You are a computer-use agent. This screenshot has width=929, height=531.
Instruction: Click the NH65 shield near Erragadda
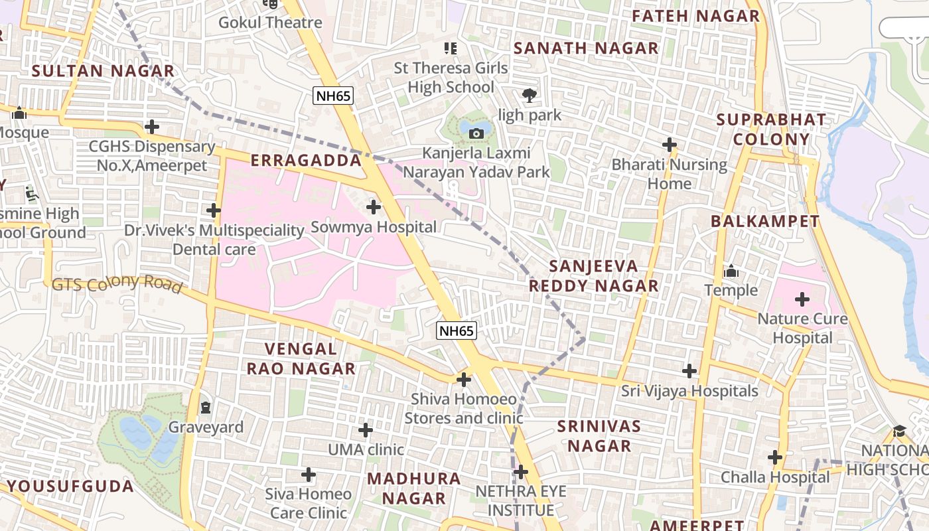[x=332, y=96]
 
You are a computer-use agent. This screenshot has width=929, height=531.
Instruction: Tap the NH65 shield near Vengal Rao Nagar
[x=457, y=330]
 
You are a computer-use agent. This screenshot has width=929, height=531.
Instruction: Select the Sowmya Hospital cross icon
[x=374, y=207]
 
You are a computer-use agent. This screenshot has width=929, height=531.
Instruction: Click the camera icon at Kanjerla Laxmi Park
[x=476, y=134]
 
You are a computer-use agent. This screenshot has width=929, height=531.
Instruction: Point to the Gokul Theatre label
[x=270, y=23]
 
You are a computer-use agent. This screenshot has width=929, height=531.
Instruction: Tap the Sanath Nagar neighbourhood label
[x=586, y=48]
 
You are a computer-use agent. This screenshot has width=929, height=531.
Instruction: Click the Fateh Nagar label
[x=695, y=16]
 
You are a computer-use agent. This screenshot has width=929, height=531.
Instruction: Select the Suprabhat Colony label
[x=772, y=130]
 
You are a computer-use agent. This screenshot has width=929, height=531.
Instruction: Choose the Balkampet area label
[x=765, y=222]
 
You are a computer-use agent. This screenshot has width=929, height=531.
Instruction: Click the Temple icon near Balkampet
[x=731, y=271]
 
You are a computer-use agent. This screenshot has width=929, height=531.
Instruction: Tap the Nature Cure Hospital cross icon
[x=802, y=299]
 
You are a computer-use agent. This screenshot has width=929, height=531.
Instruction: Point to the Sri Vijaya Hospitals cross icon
[x=689, y=371]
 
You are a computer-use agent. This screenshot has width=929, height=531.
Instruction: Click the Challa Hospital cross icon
[x=775, y=457]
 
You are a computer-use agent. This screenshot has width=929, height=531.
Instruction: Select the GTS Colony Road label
[x=117, y=283]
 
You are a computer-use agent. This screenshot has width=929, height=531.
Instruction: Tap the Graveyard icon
[x=206, y=407]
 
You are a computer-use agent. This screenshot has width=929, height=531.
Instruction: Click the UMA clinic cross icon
[x=366, y=430]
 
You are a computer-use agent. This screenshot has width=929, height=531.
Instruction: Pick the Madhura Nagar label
[x=414, y=488]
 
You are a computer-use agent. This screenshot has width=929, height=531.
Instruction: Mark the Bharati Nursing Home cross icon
[x=670, y=145]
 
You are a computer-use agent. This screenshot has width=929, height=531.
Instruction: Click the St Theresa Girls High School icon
[x=451, y=48]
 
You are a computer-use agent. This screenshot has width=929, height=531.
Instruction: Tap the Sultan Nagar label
[x=103, y=71]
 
